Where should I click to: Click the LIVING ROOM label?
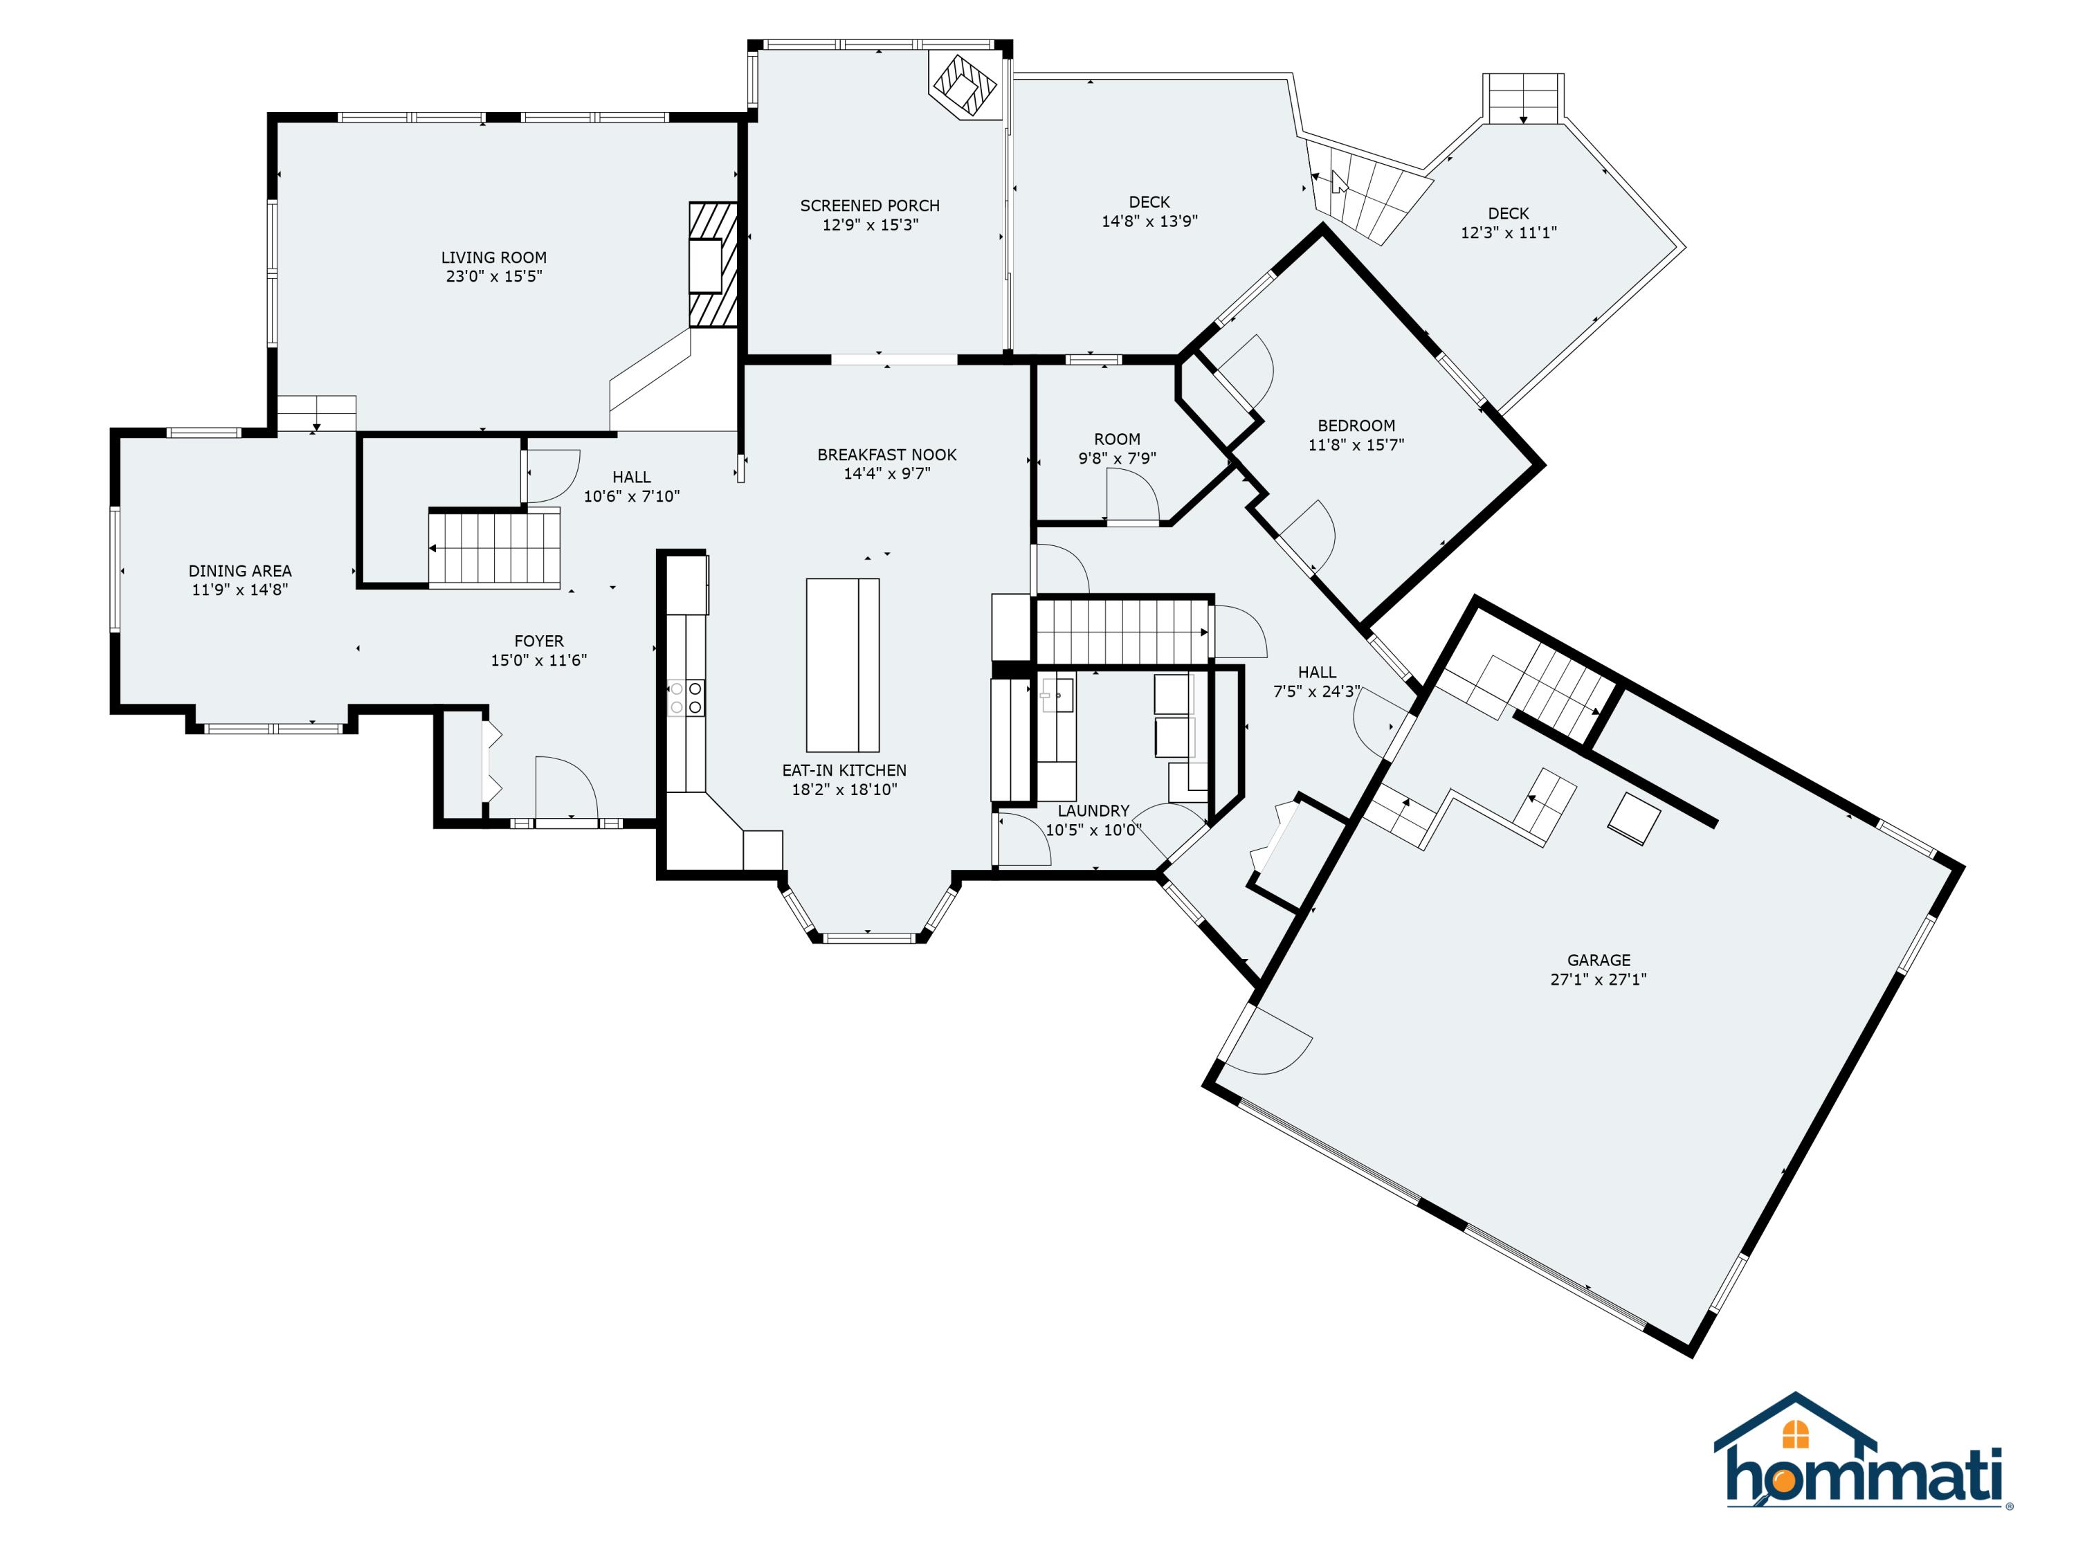[x=493, y=257]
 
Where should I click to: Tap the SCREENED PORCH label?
[x=870, y=206]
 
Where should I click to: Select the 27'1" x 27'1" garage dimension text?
[x=1599, y=979]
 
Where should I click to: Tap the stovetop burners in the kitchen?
[x=686, y=698]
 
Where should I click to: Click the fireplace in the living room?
[x=713, y=264]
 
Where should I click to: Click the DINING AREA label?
[x=240, y=571]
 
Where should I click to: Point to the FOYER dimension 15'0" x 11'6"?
[x=538, y=659]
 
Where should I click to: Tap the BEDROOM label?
[x=1356, y=425]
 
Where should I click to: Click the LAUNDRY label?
[x=1093, y=811]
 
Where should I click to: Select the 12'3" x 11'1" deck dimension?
[x=1508, y=233]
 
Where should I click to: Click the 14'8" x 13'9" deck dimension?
[x=1149, y=221]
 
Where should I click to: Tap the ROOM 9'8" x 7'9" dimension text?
[x=1117, y=458]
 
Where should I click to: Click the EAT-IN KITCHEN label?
[x=845, y=770]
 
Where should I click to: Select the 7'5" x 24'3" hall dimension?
[x=1317, y=692]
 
